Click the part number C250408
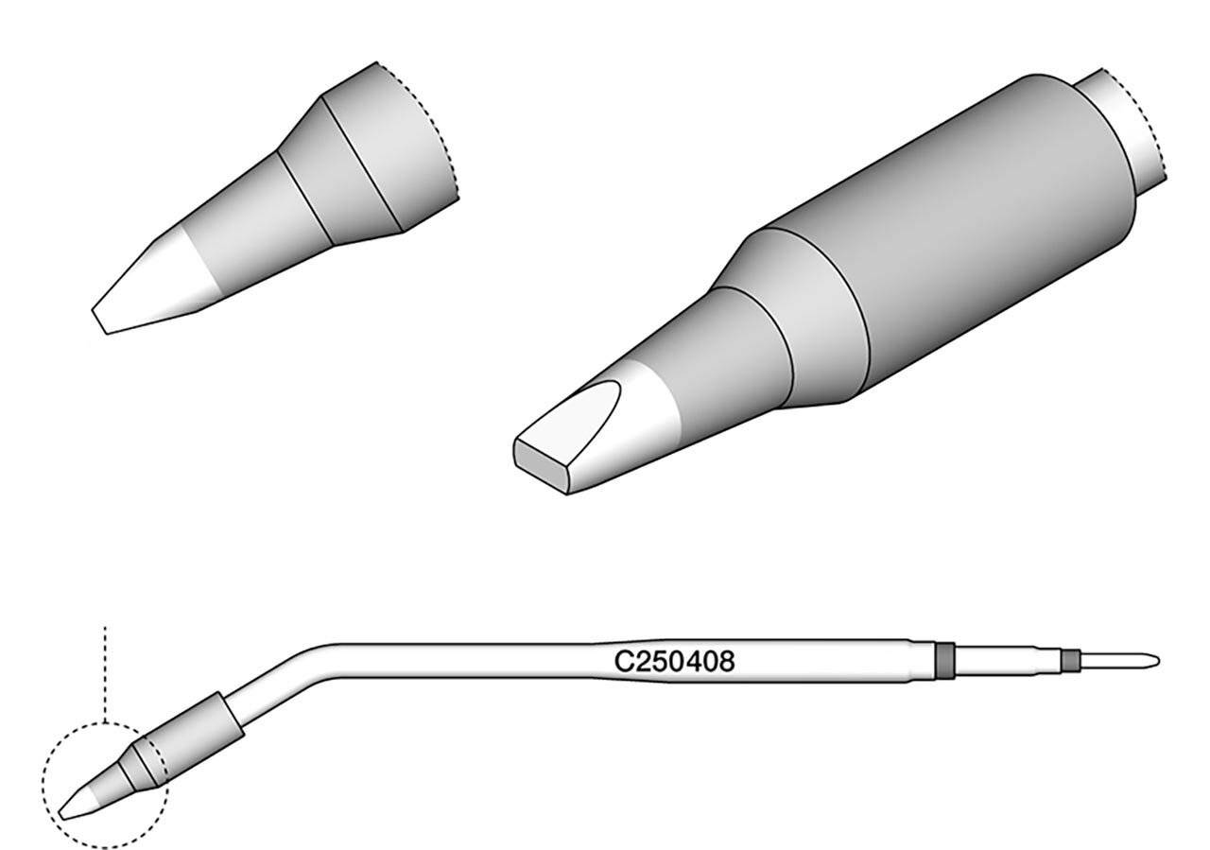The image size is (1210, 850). coord(675,661)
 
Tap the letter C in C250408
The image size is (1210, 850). coord(623,661)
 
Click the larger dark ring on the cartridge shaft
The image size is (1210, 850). coord(944,660)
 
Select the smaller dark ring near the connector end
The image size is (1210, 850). coord(1070,660)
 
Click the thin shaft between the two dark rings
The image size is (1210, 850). coord(1008,660)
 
